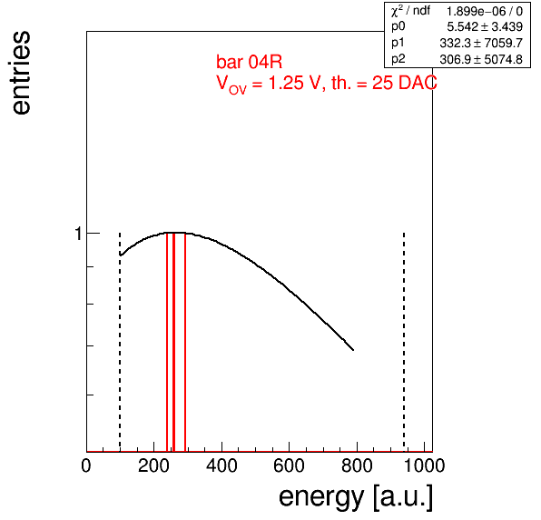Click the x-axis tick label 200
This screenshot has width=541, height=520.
point(153,465)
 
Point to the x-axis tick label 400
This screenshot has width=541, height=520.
point(221,465)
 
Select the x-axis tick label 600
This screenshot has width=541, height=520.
point(289,465)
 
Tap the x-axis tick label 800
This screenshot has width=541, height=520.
point(357,465)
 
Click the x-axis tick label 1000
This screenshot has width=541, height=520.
point(424,465)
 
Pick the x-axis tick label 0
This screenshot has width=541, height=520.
point(86,465)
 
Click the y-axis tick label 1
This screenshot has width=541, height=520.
point(79,234)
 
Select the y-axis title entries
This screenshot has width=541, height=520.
point(22,73)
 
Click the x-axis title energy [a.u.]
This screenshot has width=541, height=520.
point(356,497)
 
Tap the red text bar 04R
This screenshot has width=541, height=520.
point(249,62)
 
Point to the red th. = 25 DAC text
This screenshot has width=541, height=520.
point(384,83)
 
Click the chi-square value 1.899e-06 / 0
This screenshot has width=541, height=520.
point(485,12)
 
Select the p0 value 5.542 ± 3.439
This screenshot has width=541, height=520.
point(485,26)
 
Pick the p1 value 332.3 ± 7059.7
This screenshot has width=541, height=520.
point(481,44)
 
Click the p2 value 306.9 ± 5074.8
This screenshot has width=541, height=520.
point(481,59)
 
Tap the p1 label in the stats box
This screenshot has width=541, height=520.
point(398,44)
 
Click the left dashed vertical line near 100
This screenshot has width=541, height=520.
point(120,342)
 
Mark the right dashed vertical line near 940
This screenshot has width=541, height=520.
point(404,342)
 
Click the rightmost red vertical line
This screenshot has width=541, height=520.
point(185,342)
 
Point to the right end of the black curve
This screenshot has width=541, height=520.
point(353,350)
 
